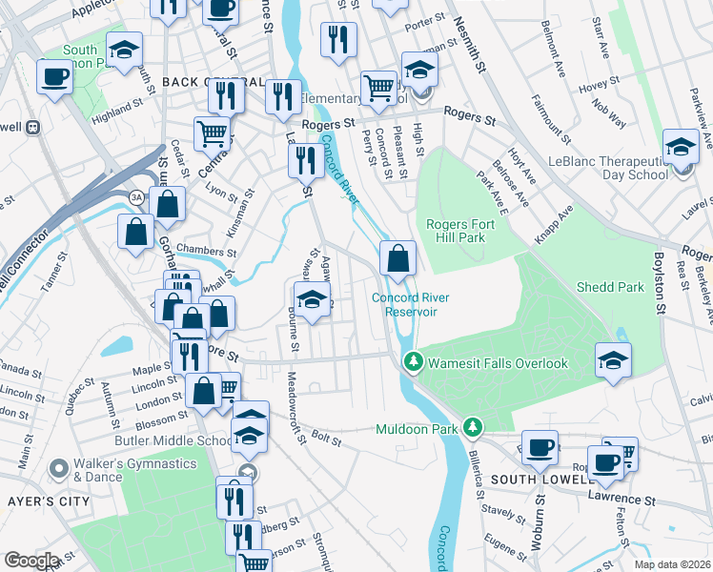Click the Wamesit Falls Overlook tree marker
click(413, 363)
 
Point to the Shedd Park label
click(610, 287)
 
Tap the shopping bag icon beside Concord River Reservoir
click(397, 257)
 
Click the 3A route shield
click(138, 196)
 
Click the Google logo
click(31, 561)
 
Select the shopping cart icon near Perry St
click(378, 89)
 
